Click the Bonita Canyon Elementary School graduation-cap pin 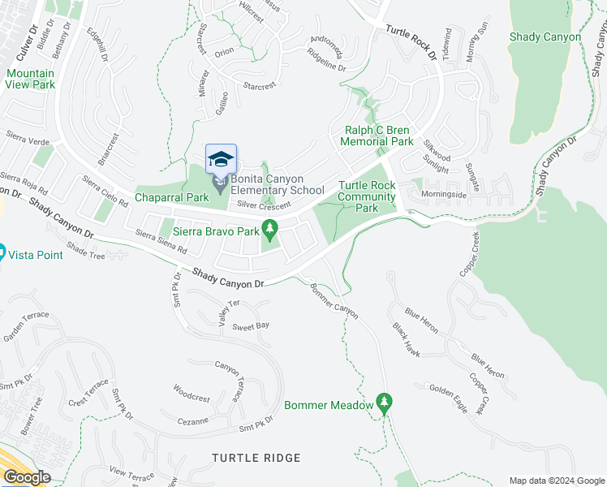(x=221, y=160)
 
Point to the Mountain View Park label (x=30, y=79)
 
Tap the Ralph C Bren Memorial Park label (x=377, y=136)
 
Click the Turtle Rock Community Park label (x=367, y=196)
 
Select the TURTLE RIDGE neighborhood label (x=256, y=458)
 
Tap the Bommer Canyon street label (x=334, y=299)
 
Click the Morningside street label (x=444, y=195)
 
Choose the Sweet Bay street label (x=251, y=325)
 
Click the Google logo (x=27, y=477)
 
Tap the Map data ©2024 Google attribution (x=557, y=481)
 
